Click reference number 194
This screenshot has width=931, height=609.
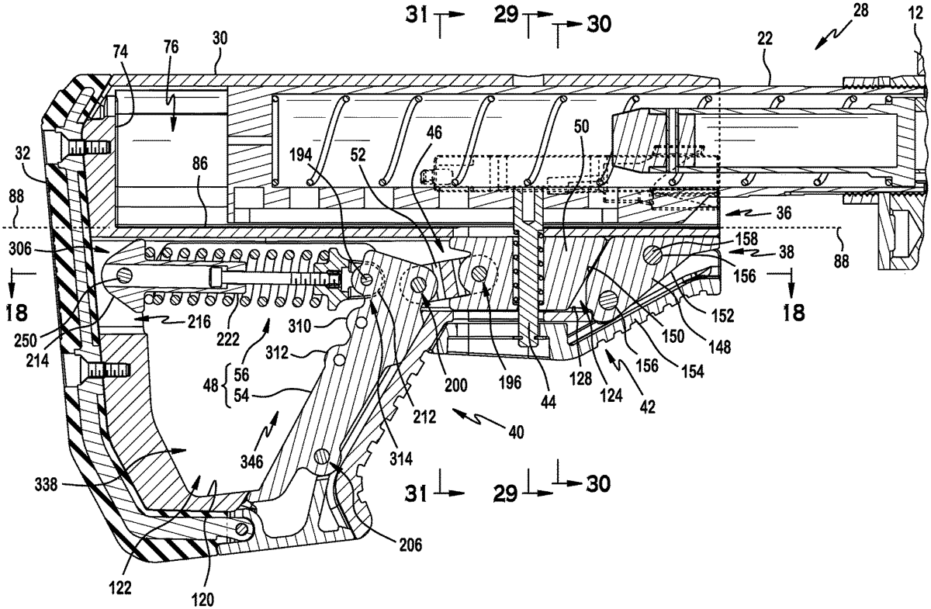pos(301,155)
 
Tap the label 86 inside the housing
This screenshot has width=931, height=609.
pos(199,164)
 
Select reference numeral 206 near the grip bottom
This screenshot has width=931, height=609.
pos(410,545)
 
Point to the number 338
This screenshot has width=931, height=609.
pos(46,485)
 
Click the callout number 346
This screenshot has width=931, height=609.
pos(252,462)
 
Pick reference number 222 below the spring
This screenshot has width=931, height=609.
pos(228,340)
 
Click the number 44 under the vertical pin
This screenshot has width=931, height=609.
pos(548,402)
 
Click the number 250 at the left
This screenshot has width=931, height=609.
pos(26,341)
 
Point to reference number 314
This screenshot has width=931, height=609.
pos(401,459)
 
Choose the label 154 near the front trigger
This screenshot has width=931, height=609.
pos(692,371)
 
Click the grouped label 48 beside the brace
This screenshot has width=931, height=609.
pos(211,386)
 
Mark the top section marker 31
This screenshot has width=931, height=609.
pos(417,16)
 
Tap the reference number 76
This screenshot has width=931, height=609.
pos(171,47)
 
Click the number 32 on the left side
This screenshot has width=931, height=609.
pos(22,154)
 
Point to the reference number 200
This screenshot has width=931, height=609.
pos(455,386)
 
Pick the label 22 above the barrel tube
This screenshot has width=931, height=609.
pos(765,39)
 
